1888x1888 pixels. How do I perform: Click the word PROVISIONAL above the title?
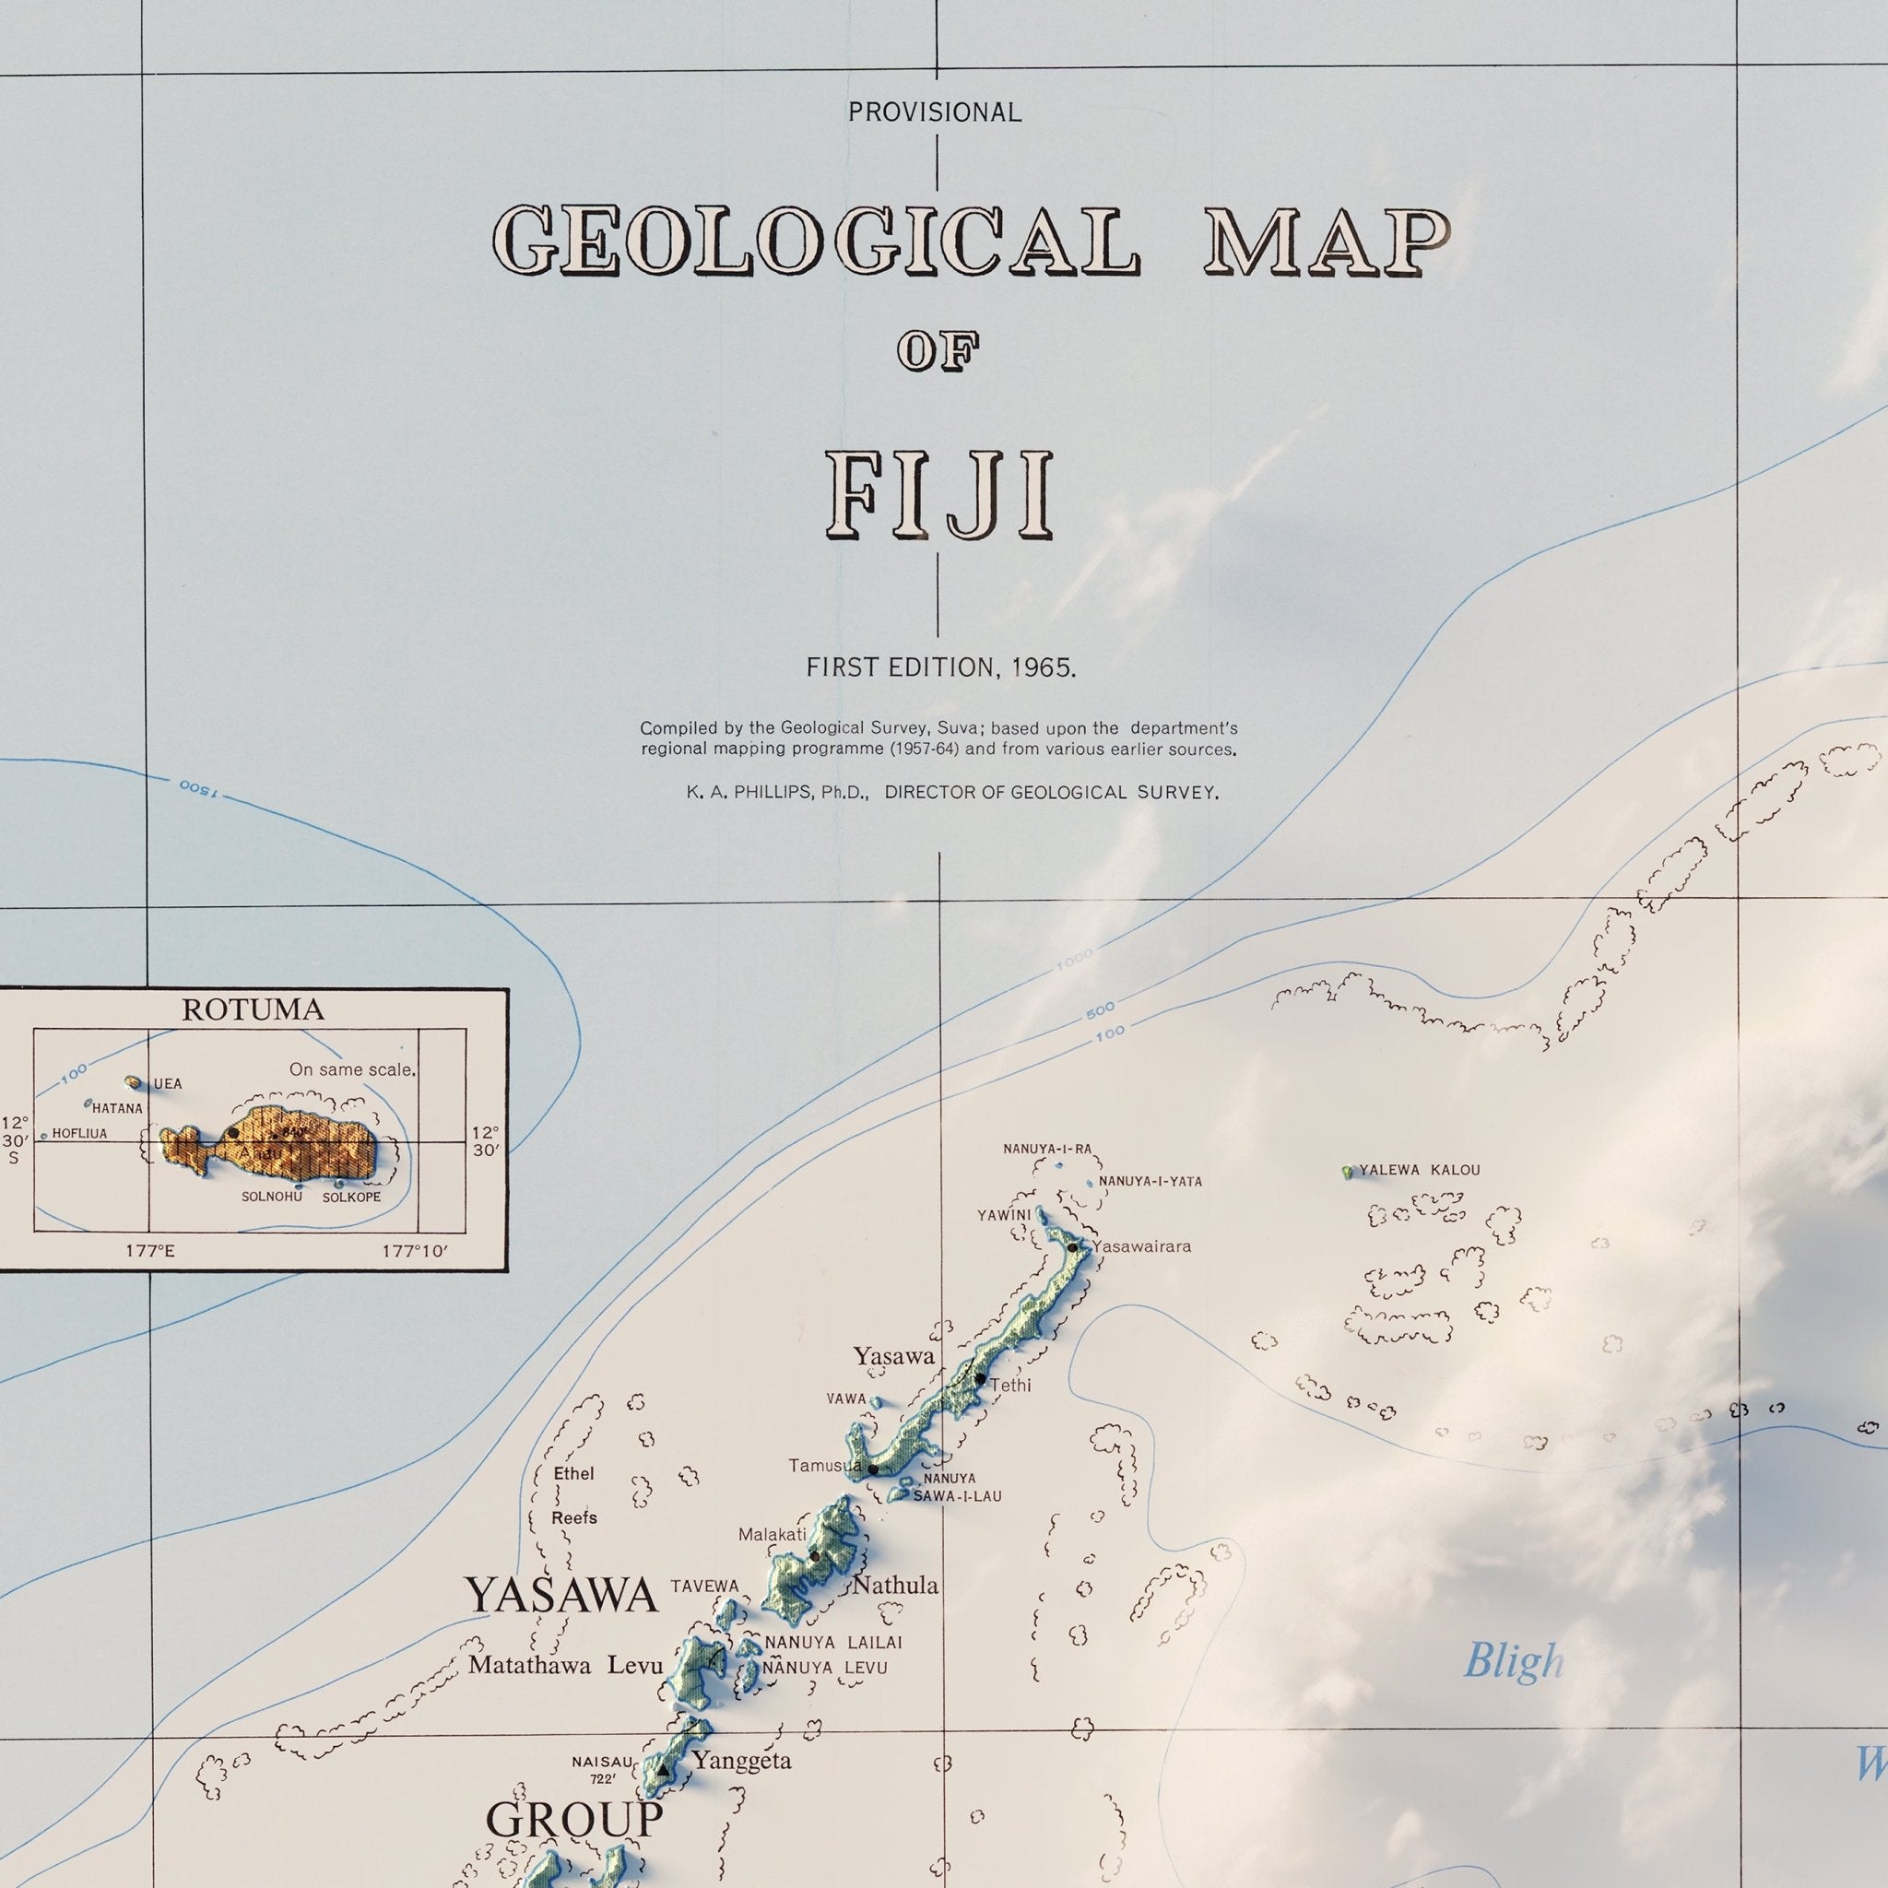click(934, 113)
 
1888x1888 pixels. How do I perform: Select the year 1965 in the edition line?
click(1044, 668)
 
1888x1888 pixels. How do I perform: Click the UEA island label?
click(167, 1084)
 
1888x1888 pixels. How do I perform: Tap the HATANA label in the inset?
click(117, 1109)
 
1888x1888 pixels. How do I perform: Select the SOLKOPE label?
click(351, 1198)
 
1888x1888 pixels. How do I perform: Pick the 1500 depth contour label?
click(201, 791)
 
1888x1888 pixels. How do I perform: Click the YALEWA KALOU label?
click(1419, 1170)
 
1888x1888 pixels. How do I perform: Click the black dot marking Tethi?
click(980, 1378)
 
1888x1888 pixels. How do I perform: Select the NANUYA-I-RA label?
click(1046, 1150)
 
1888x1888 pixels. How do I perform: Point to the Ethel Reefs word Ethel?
click(573, 1474)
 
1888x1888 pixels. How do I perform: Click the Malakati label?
click(772, 1534)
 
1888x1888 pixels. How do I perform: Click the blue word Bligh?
click(1513, 1661)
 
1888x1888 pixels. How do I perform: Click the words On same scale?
click(352, 1070)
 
